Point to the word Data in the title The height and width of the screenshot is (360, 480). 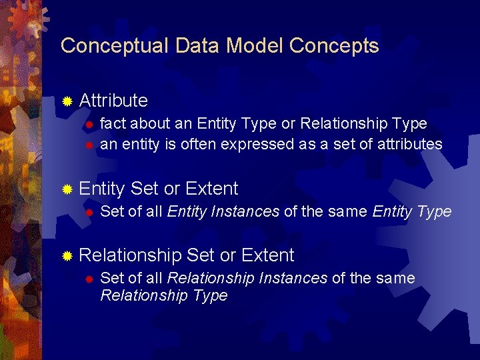click(198, 46)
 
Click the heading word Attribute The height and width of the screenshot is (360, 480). click(113, 101)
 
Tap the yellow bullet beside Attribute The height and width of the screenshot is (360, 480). click(67, 101)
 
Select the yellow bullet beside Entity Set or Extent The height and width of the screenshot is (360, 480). click(67, 189)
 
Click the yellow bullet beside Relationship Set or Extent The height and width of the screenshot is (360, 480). click(67, 256)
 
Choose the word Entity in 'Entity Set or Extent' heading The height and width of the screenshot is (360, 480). click(102, 189)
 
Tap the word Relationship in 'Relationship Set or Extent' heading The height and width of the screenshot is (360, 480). click(130, 255)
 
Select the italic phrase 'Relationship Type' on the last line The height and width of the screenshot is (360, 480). click(163, 295)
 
